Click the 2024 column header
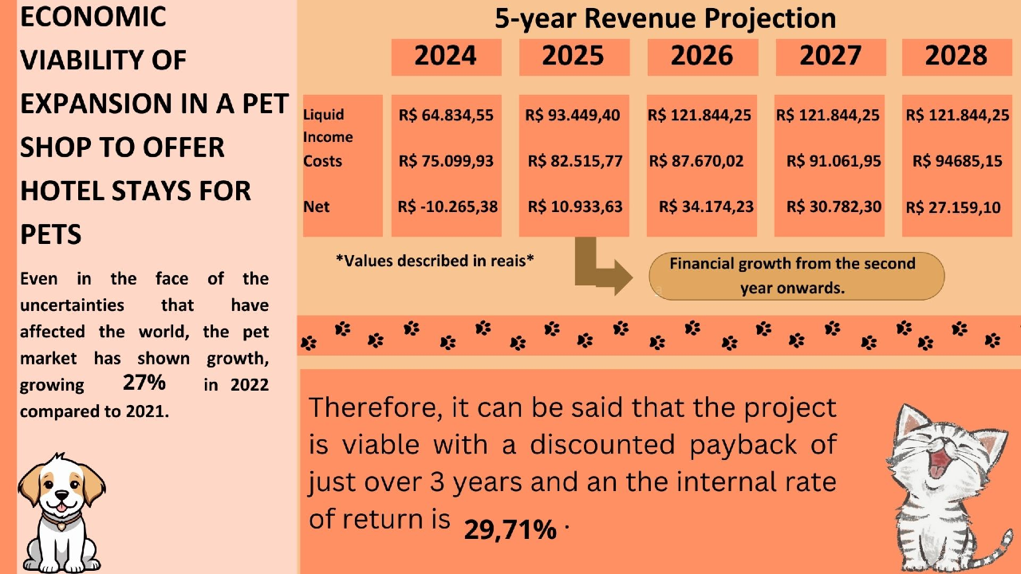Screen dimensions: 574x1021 click(x=446, y=57)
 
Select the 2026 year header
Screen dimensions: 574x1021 click(x=701, y=57)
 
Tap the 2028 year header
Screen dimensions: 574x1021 click(x=956, y=57)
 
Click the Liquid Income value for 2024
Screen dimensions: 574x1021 click(x=446, y=116)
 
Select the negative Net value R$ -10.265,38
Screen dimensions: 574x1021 click(x=447, y=207)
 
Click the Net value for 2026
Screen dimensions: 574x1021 click(x=706, y=207)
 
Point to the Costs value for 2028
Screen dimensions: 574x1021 click(x=957, y=162)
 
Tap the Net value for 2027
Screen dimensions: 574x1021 click(x=834, y=207)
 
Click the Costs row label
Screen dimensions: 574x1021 click(x=322, y=162)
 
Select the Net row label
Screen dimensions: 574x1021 click(x=317, y=207)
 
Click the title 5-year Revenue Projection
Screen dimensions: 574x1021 click(x=665, y=18)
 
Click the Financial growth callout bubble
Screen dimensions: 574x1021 click(x=796, y=276)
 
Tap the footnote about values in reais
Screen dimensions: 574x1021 click(x=435, y=260)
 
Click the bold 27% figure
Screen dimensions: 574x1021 click(x=144, y=383)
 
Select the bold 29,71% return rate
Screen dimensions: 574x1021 click(x=510, y=529)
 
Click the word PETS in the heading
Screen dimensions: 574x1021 click(x=51, y=235)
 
